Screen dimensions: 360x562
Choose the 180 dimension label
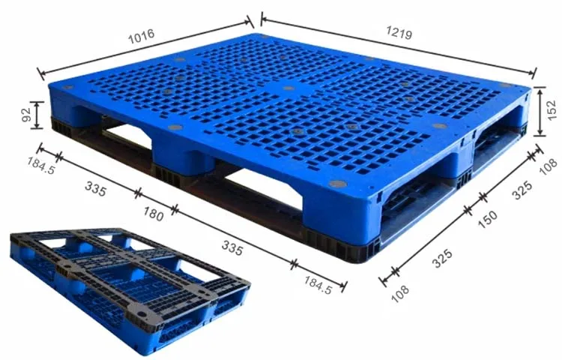coord(154,214)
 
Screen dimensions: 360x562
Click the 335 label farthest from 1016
coord(232,248)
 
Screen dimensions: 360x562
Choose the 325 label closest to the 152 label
coord(522,190)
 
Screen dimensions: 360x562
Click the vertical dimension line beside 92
coord(37,115)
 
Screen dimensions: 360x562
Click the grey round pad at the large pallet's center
coord(288,88)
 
